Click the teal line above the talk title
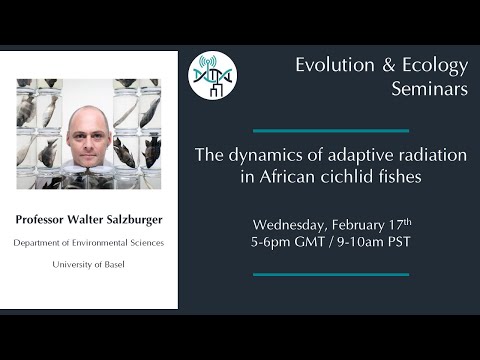tap(330, 130)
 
